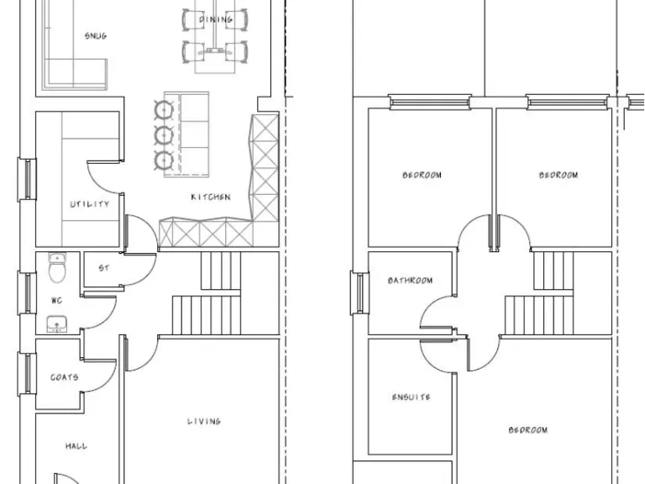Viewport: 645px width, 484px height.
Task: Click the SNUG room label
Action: [x=95, y=36]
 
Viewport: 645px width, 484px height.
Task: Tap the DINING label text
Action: [x=216, y=19]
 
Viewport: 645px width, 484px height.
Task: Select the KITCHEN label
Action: [x=210, y=197]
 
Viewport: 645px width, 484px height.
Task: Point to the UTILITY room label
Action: [x=89, y=204]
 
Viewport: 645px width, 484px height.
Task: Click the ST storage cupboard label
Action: [x=103, y=269]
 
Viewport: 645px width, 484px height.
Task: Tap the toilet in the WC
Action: [x=57, y=270]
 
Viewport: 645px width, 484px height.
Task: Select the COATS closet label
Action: [x=65, y=377]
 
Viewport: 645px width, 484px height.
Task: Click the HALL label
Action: [x=76, y=446]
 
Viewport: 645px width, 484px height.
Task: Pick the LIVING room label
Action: [x=203, y=421]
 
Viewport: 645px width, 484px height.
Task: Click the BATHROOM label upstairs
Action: [x=410, y=281]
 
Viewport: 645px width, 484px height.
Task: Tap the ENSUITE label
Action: [x=411, y=397]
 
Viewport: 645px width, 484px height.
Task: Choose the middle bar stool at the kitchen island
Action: [x=161, y=134]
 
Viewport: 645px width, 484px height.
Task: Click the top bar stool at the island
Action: [x=161, y=108]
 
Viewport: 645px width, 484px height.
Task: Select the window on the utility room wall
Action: [x=28, y=179]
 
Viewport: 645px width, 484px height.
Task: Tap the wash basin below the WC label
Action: [x=57, y=323]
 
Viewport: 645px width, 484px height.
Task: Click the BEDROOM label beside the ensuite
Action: [x=527, y=430]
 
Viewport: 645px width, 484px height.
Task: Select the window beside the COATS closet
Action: [x=28, y=372]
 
